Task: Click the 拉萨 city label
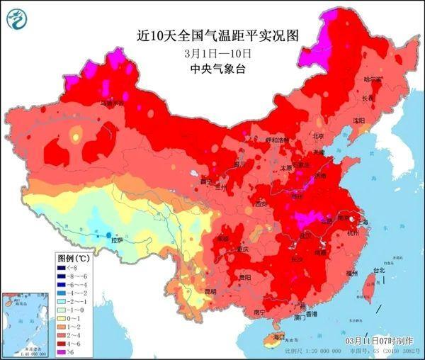[x=116, y=240]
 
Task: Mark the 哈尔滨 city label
[x=373, y=79]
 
